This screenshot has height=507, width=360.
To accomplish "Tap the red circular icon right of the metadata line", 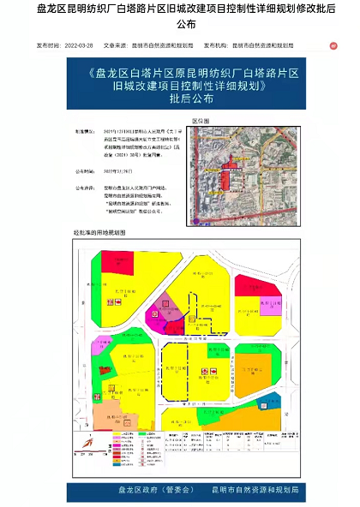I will pyautogui.click(x=333, y=45).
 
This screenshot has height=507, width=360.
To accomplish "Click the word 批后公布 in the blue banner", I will pyautogui.click(x=179, y=98).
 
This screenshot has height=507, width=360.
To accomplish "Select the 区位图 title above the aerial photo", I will pyautogui.click(x=201, y=122).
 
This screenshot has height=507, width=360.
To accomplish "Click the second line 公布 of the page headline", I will pyautogui.click(x=179, y=25).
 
